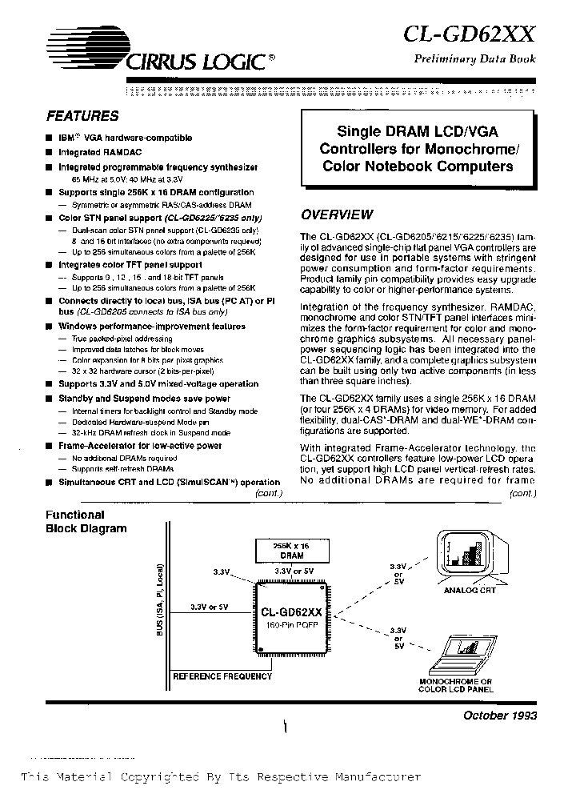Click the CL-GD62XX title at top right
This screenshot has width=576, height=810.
pos(470,34)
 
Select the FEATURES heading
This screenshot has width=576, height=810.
pos(82,115)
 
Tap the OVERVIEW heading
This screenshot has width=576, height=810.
pos(336,215)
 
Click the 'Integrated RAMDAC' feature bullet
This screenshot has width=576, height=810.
pos(90,152)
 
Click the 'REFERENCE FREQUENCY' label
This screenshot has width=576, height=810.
pos(222,676)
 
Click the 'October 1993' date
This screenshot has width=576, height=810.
pos(501,715)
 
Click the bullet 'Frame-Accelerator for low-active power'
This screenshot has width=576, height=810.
pos(140,446)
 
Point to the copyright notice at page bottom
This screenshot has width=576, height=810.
pos(220,777)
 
